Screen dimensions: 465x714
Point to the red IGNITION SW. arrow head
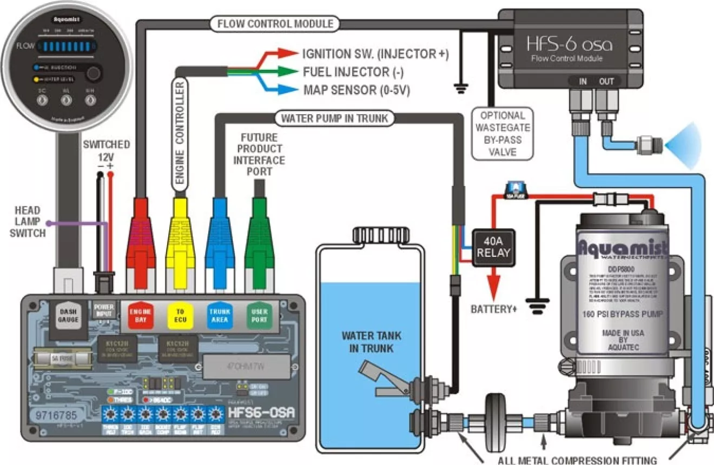point(288,54)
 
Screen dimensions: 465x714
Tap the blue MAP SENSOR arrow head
point(288,89)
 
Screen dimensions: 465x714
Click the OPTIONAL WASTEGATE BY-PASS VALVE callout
point(503,134)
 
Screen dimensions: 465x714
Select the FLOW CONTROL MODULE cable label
point(274,24)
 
